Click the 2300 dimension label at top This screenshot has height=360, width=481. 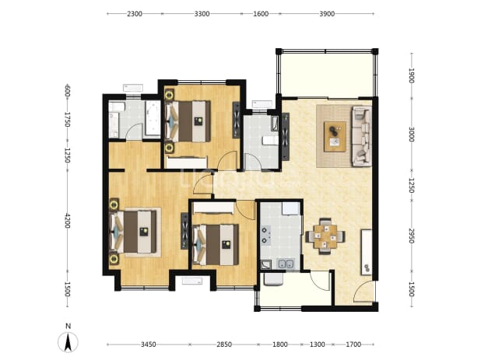pos(135,14)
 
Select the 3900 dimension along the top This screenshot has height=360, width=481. pos(327,14)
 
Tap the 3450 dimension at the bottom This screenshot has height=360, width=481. pos(148,344)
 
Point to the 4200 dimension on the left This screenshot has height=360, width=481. pos(68,221)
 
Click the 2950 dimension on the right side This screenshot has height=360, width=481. pos(412,236)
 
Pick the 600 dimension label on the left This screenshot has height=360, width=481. pos(68,91)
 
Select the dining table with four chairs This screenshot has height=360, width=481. pos(325,236)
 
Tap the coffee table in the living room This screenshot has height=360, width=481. pos(335,136)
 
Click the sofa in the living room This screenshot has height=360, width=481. pos(362,136)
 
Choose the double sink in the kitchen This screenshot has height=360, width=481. pos(286,264)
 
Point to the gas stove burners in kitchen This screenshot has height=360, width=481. pos(265,235)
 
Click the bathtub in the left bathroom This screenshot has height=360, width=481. pos(153,118)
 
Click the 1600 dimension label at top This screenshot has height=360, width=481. pos(261,14)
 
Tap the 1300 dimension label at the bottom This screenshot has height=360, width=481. pos(318,344)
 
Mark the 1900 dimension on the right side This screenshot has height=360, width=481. pos(412,75)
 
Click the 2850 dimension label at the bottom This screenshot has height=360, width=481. pos(224,344)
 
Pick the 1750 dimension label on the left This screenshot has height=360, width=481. pos(68,120)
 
